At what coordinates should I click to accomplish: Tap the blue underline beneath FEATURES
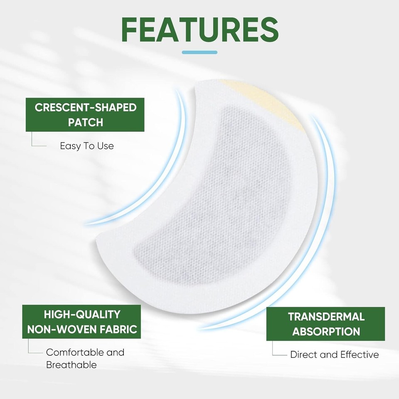pos(199,52)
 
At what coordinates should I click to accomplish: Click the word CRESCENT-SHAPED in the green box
pos(86,108)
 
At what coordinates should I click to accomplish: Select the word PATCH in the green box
pos(86,123)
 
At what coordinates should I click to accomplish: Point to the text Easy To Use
pos(86,146)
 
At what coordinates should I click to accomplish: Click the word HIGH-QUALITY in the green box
pos(82,314)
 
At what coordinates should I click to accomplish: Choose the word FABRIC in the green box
pos(120,330)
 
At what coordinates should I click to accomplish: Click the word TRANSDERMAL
pos(326,317)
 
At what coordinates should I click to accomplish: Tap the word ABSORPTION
pos(326,332)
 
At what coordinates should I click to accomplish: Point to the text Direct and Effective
pos(335,355)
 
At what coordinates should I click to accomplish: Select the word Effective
pos(360,355)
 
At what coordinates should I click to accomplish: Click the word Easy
pos(69,146)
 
